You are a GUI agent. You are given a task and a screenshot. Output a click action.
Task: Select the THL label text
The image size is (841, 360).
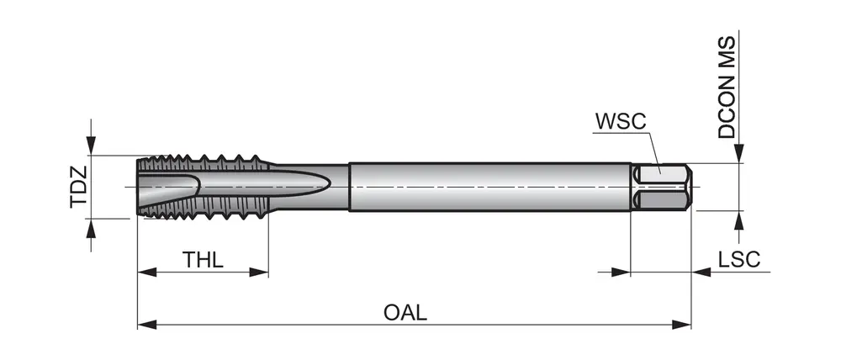click(203, 259)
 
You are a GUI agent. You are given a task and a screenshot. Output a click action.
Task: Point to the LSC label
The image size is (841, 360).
click(739, 259)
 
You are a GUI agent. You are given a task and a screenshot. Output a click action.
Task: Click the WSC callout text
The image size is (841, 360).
click(621, 120)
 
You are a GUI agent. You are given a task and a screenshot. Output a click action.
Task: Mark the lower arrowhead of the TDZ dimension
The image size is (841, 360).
click(91, 228)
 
